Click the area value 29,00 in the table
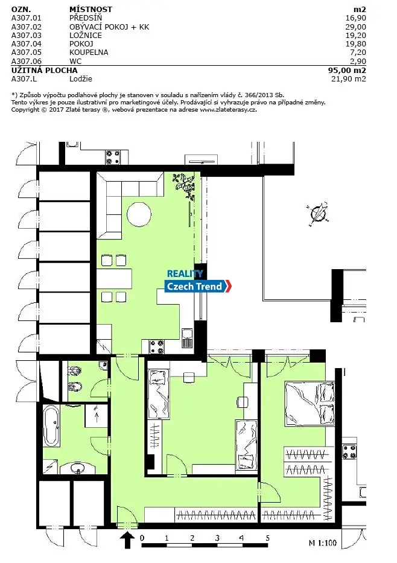coord(356,27)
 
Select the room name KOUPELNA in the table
coord(89,52)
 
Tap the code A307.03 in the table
coord(26,36)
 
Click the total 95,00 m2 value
coord(347,71)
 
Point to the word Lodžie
coord(81,79)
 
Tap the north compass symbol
coord(319,214)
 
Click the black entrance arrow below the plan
coord(127,539)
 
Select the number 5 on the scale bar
coord(267,538)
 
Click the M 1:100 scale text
coord(323,542)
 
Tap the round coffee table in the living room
coord(139,215)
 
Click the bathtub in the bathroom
coord(51,426)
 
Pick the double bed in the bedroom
coord(310,403)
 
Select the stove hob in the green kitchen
coord(156,347)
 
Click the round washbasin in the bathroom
coord(77,468)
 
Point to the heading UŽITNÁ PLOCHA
coord(45,71)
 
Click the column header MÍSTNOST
coord(91,10)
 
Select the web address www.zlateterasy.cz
coord(228,109)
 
